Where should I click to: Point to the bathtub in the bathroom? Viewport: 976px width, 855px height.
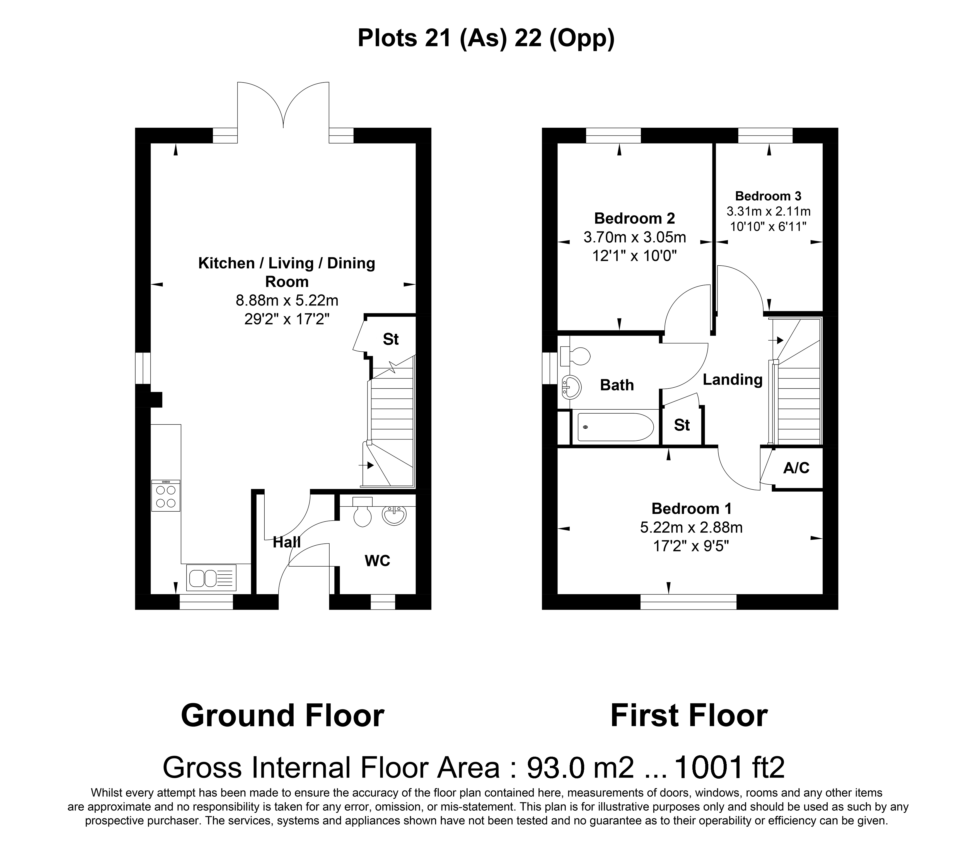tap(615, 427)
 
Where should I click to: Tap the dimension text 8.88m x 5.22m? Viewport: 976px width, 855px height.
tap(287, 301)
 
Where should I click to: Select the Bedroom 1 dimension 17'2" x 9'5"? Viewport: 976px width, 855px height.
tap(691, 546)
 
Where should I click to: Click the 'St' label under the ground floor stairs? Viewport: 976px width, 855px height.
tap(391, 339)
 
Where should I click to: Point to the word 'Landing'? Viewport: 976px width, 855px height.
tap(733, 380)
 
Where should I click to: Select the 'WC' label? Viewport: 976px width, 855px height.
tap(377, 561)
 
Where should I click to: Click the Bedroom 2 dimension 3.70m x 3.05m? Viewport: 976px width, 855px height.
tap(635, 237)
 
